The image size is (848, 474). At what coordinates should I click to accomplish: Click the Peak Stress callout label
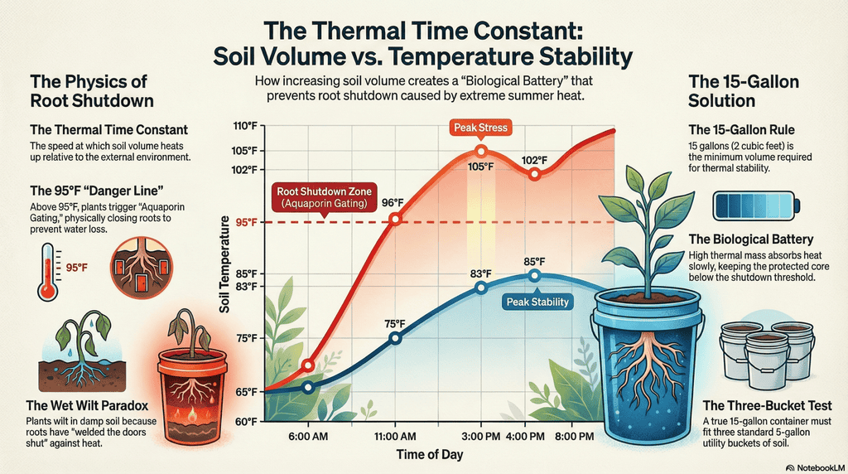click(480, 128)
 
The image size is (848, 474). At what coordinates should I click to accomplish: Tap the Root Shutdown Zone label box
click(323, 197)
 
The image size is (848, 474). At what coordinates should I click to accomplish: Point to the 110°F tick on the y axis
click(245, 127)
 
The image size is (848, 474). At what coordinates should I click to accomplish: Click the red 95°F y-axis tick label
click(245, 222)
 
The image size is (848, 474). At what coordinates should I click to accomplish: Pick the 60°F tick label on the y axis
click(245, 422)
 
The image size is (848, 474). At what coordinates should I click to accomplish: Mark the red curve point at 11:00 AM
click(395, 219)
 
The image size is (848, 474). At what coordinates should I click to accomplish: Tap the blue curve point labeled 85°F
click(534, 275)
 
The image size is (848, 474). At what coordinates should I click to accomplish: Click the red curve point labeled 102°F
click(534, 174)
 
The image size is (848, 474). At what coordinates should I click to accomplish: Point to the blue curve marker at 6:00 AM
click(308, 387)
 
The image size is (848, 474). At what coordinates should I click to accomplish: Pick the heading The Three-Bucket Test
click(767, 405)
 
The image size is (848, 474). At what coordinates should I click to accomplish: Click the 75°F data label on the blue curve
click(395, 323)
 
